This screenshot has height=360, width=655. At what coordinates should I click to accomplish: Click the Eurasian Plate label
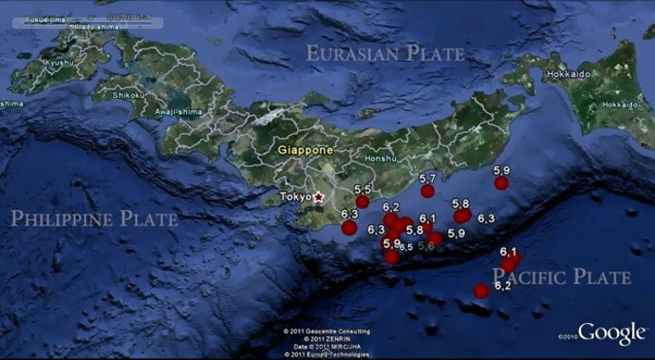(x=384, y=53)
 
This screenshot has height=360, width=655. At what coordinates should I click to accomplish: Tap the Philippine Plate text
(x=94, y=219)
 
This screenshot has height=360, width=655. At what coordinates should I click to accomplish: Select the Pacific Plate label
(x=562, y=277)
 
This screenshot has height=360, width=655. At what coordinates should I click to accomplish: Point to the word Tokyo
(x=296, y=197)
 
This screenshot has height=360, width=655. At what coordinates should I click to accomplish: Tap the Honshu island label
(x=380, y=160)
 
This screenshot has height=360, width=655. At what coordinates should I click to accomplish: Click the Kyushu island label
(x=58, y=63)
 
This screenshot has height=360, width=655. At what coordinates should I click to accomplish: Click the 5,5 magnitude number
(x=361, y=190)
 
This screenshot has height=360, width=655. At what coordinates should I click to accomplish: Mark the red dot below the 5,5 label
(x=362, y=201)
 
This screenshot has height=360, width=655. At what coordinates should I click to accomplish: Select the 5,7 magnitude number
(x=427, y=179)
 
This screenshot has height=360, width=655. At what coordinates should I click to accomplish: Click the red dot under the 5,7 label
(x=427, y=190)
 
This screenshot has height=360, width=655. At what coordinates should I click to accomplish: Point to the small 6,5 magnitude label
(x=405, y=247)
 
